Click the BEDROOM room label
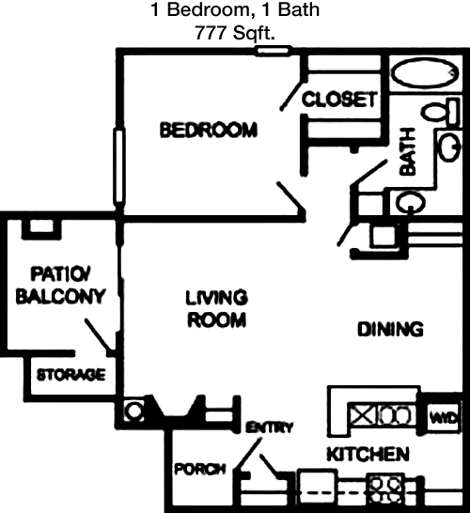click(209, 130)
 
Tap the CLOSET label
click(339, 99)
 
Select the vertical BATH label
click(408, 152)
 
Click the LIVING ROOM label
click(216, 308)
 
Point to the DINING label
click(390, 329)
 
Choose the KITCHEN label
click(368, 454)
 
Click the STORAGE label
click(71, 375)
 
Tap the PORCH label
click(200, 469)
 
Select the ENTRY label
click(270, 427)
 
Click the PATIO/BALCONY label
click(60, 286)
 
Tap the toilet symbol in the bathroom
click(440, 112)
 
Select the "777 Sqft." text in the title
click(235, 33)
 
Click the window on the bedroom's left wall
click(118, 166)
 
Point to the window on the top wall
click(273, 51)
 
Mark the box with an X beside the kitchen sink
click(362, 415)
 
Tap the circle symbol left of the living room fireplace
click(134, 411)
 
